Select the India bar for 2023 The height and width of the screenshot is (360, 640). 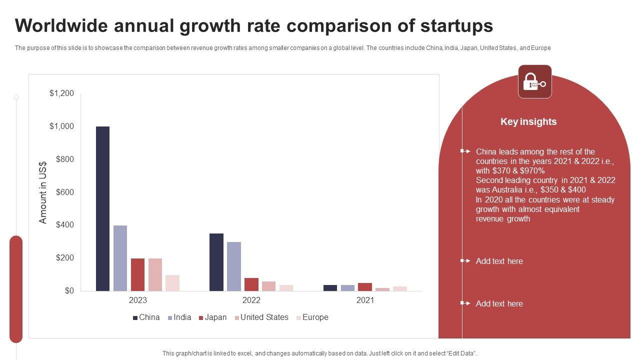pyautogui.click(x=120, y=258)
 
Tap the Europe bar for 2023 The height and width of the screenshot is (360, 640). pyautogui.click(x=172, y=283)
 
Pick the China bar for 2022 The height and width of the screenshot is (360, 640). pyautogui.click(x=216, y=262)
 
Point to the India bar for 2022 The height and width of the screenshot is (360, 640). pyautogui.click(x=234, y=266)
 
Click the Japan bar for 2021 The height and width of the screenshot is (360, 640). pyautogui.click(x=365, y=287)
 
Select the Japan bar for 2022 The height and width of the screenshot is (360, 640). pyautogui.click(x=251, y=284)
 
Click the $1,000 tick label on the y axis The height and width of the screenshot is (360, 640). pyautogui.click(x=61, y=126)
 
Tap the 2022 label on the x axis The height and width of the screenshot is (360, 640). pyautogui.click(x=251, y=300)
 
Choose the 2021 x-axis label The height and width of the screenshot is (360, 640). pyautogui.click(x=365, y=300)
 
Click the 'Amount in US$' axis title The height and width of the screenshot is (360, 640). pyautogui.click(x=43, y=192)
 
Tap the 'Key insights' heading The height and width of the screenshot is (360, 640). pyautogui.click(x=528, y=122)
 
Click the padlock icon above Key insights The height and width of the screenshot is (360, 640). pyautogui.click(x=534, y=81)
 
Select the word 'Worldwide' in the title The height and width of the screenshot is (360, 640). pyautogui.click(x=60, y=26)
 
